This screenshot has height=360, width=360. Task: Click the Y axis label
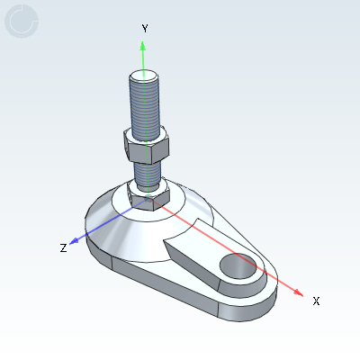click(x=144, y=29)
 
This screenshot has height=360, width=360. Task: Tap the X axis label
click(x=316, y=301)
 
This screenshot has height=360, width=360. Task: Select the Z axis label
click(x=63, y=247)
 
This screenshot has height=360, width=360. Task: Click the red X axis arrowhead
click(x=300, y=290)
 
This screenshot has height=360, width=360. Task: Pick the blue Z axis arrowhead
click(x=76, y=241)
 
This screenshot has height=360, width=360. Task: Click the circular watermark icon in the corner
click(x=22, y=22)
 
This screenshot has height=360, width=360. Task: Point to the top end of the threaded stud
click(x=144, y=76)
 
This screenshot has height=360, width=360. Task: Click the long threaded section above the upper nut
click(x=144, y=103)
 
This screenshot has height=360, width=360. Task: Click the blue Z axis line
click(x=99, y=229)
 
